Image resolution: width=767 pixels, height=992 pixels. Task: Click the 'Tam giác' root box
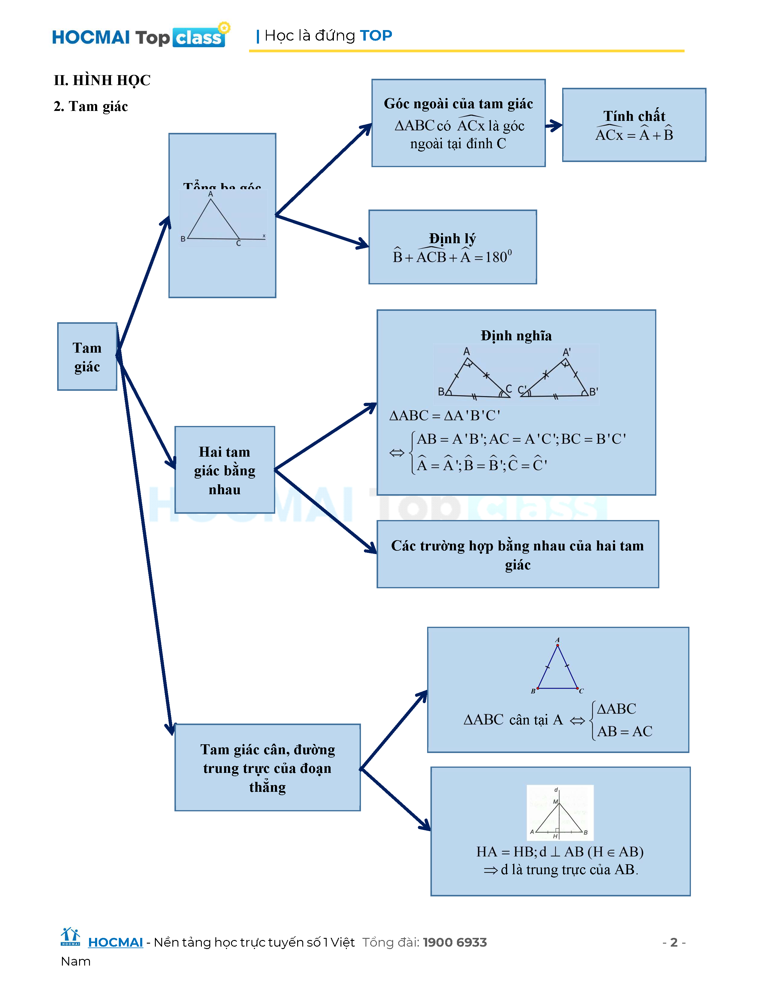click(87, 357)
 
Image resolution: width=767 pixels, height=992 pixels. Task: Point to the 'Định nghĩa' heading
click(516, 336)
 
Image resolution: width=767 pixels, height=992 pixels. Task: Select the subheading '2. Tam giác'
click(91, 106)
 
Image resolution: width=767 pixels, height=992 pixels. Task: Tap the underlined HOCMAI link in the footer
click(116, 942)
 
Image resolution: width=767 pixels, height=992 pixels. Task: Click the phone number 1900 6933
click(454, 942)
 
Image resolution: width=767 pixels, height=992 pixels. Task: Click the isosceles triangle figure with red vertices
click(557, 667)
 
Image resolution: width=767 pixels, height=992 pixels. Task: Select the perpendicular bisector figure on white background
click(560, 813)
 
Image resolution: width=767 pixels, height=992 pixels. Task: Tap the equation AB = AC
click(624, 731)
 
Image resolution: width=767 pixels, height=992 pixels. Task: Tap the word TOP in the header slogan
click(376, 35)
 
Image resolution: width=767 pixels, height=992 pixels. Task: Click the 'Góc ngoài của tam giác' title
click(458, 104)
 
